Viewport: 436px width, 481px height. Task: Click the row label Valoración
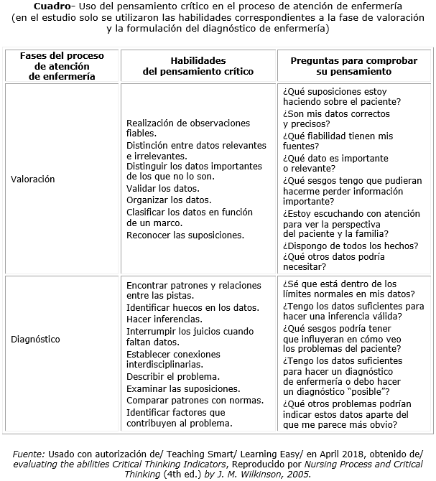32,179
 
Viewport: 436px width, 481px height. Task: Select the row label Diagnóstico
35,339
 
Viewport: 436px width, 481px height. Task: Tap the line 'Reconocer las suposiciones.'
185,234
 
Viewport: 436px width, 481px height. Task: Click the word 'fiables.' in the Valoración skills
141,133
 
